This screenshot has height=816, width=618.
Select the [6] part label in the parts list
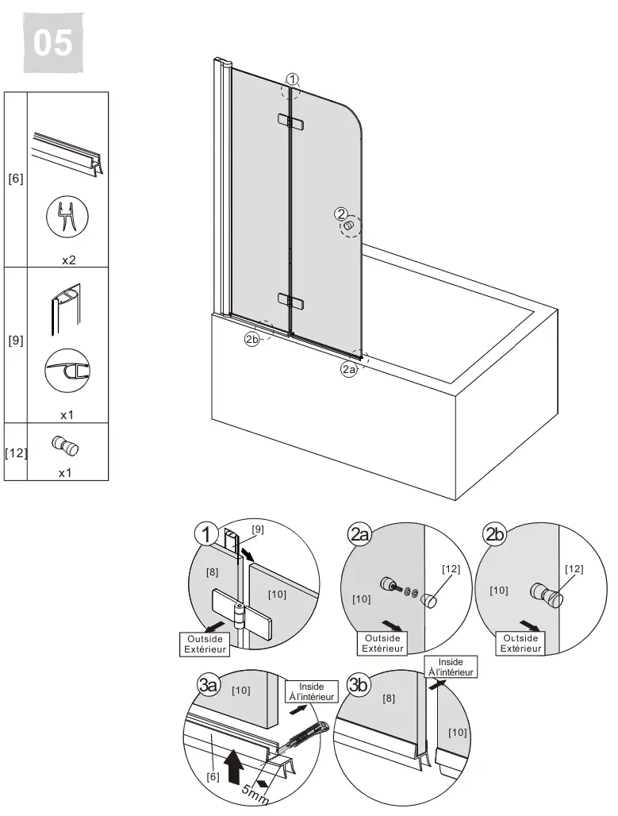click(x=16, y=179)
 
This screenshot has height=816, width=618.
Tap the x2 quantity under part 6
click(x=69, y=260)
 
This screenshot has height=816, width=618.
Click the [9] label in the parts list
click(x=16, y=341)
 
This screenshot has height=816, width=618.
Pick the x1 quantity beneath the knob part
click(x=65, y=472)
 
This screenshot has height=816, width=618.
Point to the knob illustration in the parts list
click(x=65, y=445)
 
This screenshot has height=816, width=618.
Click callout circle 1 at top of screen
click(x=293, y=79)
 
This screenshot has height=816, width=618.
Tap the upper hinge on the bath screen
click(x=291, y=121)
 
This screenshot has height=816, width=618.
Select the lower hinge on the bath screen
click(x=291, y=300)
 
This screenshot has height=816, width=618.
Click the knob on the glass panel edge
click(x=347, y=227)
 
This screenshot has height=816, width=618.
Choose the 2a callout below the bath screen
click(x=349, y=369)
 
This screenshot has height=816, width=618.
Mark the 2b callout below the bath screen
click(x=251, y=339)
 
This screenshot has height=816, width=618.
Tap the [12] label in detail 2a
click(x=451, y=568)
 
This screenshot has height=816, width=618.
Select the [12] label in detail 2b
click(x=574, y=568)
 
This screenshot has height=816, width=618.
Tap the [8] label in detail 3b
click(x=389, y=699)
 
